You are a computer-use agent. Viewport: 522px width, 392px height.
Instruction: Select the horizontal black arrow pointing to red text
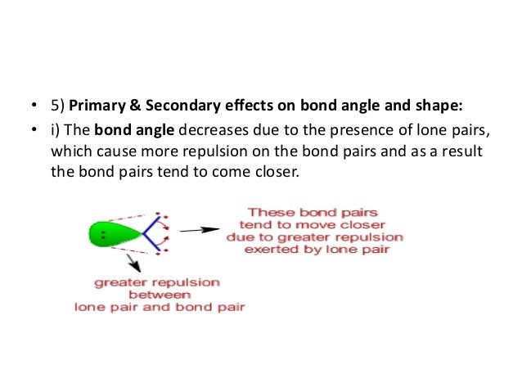[x=198, y=230]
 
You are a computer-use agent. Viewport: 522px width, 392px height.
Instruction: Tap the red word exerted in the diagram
[x=276, y=250]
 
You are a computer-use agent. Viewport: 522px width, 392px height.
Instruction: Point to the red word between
[x=159, y=295]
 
